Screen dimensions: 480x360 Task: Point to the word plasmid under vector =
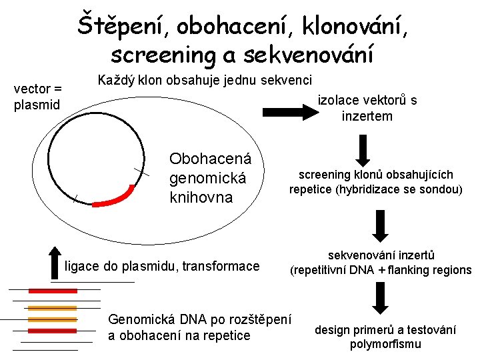[37, 105]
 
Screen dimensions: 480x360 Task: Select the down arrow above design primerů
[379, 298]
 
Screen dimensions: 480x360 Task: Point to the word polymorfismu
[385, 344]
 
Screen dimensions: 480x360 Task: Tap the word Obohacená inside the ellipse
[211, 159]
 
